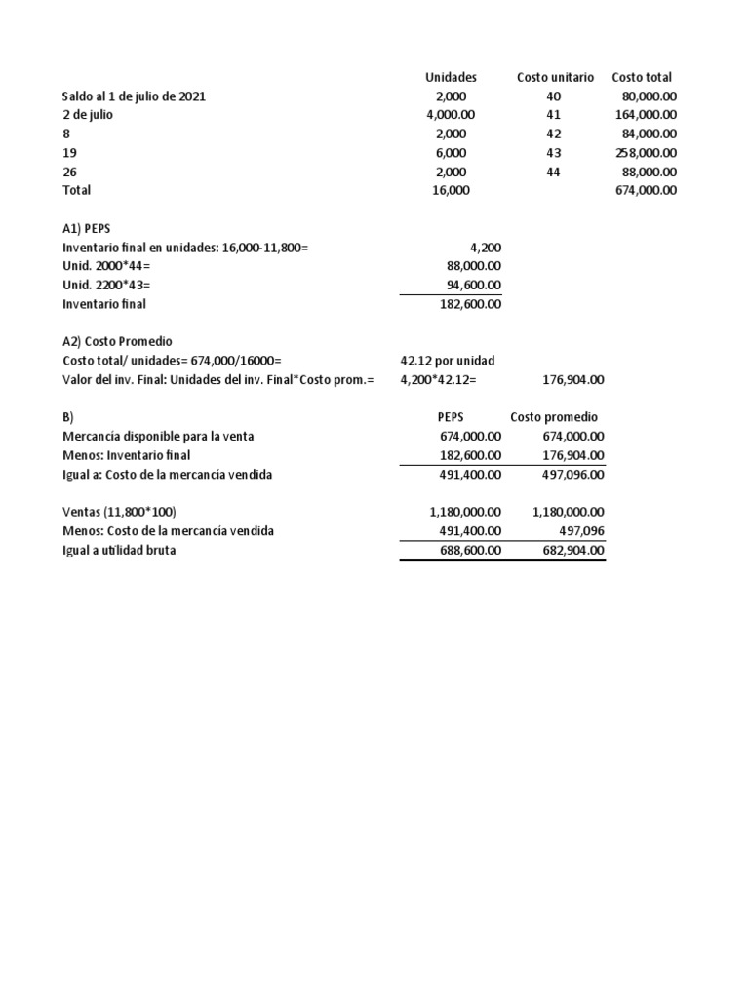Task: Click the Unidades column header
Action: pyautogui.click(x=451, y=77)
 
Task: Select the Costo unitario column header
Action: pyautogui.click(x=554, y=77)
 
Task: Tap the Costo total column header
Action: pyautogui.click(x=642, y=77)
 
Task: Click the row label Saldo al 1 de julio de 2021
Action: pyautogui.click(x=134, y=96)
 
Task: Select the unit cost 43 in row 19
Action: pyautogui.click(x=554, y=153)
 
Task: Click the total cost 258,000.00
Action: pyautogui.click(x=647, y=153)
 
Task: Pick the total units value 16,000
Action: pyautogui.click(x=452, y=191)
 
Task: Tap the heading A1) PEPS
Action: pyautogui.click(x=86, y=228)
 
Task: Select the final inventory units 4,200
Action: pyautogui.click(x=486, y=248)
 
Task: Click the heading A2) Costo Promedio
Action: pyautogui.click(x=117, y=341)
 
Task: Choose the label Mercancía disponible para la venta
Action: pyautogui.click(x=158, y=436)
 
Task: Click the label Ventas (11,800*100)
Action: pyautogui.click(x=119, y=512)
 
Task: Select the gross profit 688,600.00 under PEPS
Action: pyautogui.click(x=465, y=550)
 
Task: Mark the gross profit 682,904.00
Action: pyautogui.click(x=569, y=550)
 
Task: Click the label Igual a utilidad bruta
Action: pyautogui.click(x=119, y=550)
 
